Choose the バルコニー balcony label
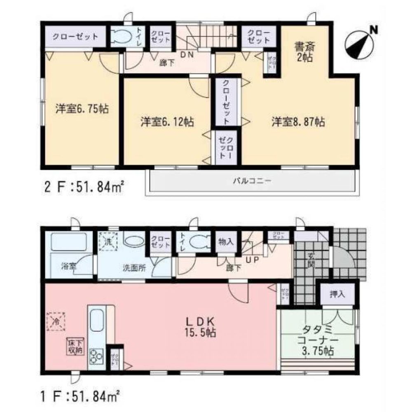(252, 181)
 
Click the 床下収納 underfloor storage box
(75, 346)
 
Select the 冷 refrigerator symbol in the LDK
(56, 321)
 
